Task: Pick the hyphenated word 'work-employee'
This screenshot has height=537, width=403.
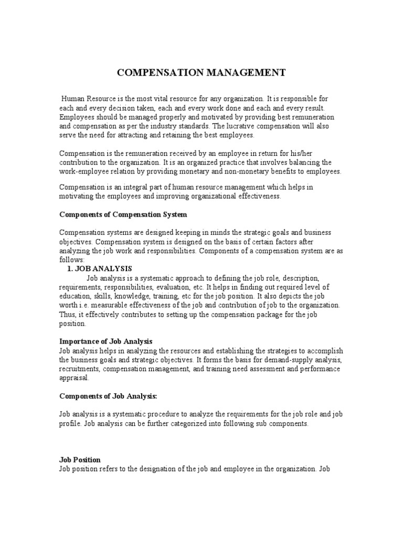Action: click(83, 171)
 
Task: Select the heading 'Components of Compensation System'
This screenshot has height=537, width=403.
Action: click(123, 214)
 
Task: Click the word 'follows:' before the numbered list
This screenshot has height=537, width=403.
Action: click(72, 259)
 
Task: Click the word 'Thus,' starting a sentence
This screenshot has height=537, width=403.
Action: click(68, 314)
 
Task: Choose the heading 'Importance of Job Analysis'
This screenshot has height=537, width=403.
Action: click(105, 341)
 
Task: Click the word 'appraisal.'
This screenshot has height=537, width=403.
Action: click(75, 378)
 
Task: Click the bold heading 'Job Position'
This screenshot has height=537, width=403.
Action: click(79, 460)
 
